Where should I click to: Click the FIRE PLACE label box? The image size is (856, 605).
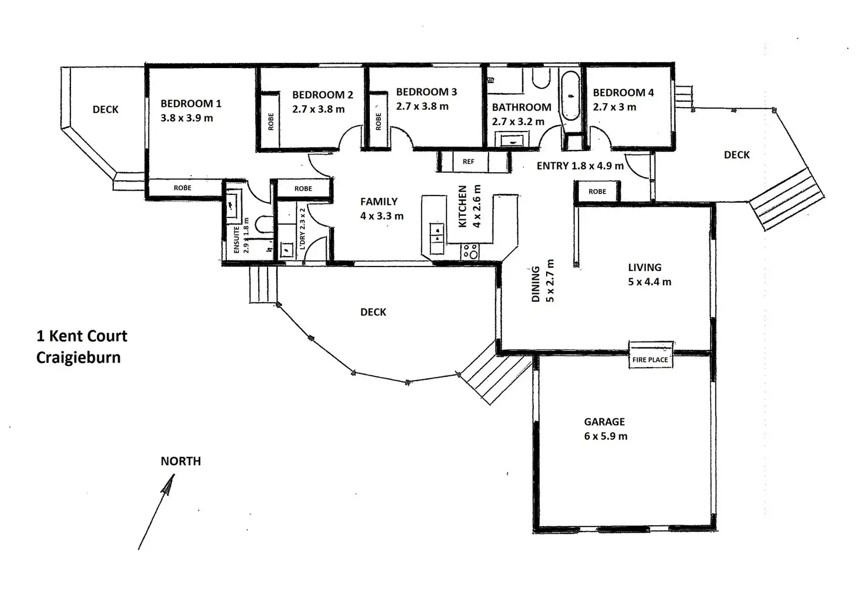pyautogui.click(x=650, y=359)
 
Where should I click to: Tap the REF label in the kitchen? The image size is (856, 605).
pyautogui.click(x=468, y=162)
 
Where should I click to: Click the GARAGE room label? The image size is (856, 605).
pyautogui.click(x=604, y=422)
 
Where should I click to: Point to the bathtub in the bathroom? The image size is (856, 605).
pyautogui.click(x=570, y=95)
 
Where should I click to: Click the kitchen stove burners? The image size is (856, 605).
pyautogui.click(x=470, y=251)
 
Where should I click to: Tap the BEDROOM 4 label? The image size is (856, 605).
pyautogui.click(x=623, y=92)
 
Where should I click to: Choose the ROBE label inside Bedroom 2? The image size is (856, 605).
pyautogui.click(x=270, y=122)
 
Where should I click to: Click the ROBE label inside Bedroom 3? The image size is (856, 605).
pyautogui.click(x=379, y=122)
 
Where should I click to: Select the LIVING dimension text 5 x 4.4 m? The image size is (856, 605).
pyautogui.click(x=650, y=282)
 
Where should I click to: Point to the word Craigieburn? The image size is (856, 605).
pyautogui.click(x=79, y=357)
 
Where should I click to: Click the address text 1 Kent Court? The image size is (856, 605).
pyautogui.click(x=82, y=336)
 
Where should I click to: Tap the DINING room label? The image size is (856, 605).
pyautogui.click(x=536, y=284)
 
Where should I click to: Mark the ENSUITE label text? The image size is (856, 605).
pyautogui.click(x=237, y=240)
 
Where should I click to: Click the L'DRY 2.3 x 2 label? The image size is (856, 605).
pyautogui.click(x=302, y=229)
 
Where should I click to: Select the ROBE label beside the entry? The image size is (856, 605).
pyautogui.click(x=597, y=191)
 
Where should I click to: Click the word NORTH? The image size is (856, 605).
pyautogui.click(x=181, y=461)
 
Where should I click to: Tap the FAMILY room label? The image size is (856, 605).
pyautogui.click(x=379, y=202)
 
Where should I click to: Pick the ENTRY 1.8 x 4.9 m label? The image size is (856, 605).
pyautogui.click(x=580, y=166)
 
